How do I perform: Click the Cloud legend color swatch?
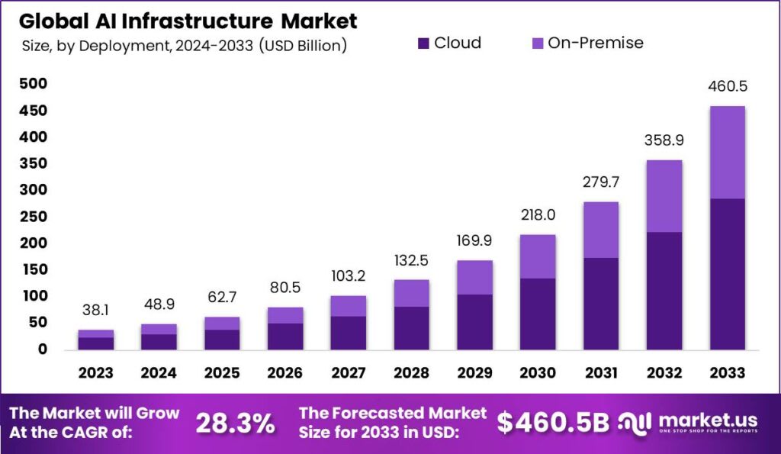pos(424,43)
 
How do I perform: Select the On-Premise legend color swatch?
pos(537,43)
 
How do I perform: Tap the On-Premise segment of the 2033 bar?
pos(726,152)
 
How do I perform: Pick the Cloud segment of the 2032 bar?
pos(664,290)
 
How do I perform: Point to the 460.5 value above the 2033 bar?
pos(726,86)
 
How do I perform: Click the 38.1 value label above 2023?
pos(96,310)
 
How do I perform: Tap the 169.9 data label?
pos(474,241)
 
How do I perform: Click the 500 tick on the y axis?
pos(34,83)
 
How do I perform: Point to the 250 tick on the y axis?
pos(34,216)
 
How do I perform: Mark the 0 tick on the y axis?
pos(42,349)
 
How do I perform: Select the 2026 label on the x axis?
pos(284,372)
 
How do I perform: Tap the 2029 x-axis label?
pos(474,372)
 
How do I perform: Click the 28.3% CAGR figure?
pos(235,424)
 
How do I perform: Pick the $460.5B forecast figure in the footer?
pos(553,424)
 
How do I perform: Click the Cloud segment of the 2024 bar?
pos(159,341)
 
